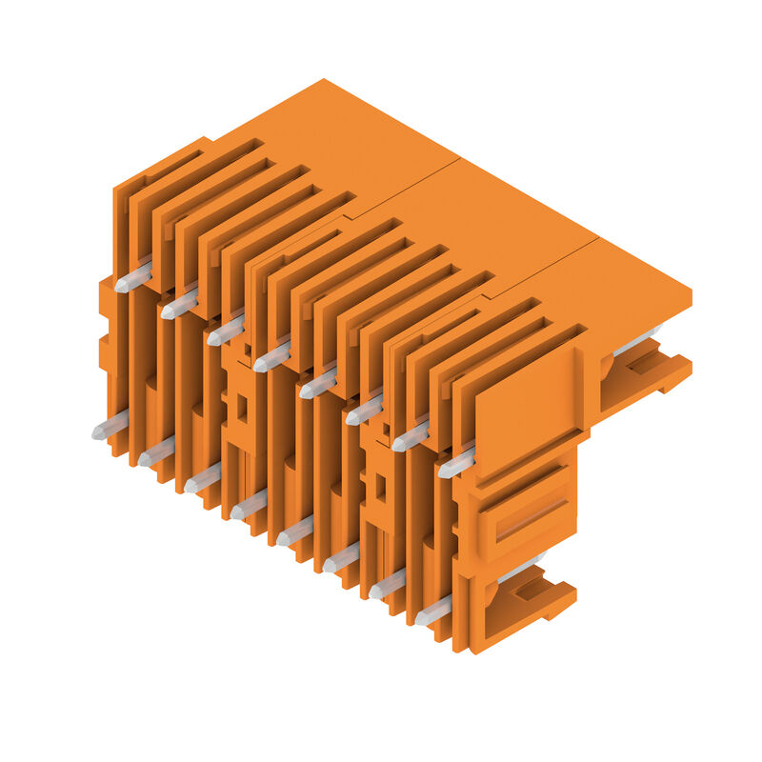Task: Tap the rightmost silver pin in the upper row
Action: [x=456, y=464]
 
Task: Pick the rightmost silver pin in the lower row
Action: [x=433, y=611]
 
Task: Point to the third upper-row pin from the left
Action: [x=225, y=331]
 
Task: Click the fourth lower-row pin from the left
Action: [x=248, y=505]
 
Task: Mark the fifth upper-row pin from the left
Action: [x=317, y=384]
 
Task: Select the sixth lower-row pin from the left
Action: [x=340, y=558]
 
